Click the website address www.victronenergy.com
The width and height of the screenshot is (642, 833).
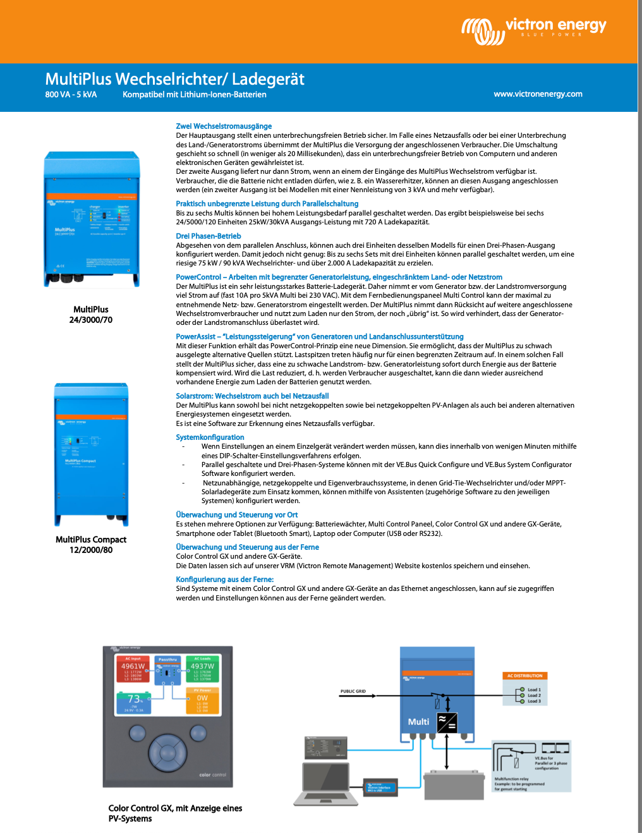pyautogui.click(x=538, y=94)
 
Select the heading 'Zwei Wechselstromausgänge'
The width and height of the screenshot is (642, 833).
pyautogui.click(x=224, y=126)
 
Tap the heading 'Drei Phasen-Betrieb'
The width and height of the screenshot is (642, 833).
pyautogui.click(x=209, y=236)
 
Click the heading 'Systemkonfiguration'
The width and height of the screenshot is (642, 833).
pyautogui.click(x=210, y=437)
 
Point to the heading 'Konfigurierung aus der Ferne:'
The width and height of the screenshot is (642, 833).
pyautogui.click(x=224, y=580)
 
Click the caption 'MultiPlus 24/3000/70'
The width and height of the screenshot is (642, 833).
pyautogui.click(x=91, y=315)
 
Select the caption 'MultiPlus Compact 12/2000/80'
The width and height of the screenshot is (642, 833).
pyautogui.click(x=91, y=545)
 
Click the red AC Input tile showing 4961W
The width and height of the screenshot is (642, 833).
pyautogui.click(x=133, y=669)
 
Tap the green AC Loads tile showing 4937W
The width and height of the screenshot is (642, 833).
pyautogui.click(x=202, y=669)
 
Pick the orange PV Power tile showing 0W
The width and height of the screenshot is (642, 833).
pyautogui.click(x=202, y=701)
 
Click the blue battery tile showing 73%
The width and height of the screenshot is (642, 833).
pyautogui.click(x=134, y=702)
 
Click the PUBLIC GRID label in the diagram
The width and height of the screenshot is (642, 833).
pyautogui.click(x=353, y=691)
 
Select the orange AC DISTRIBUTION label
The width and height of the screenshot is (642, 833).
pyautogui.click(x=524, y=676)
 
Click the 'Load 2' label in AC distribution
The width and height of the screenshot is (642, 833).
pyautogui.click(x=534, y=695)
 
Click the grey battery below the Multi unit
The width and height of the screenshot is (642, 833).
pyautogui.click(x=453, y=785)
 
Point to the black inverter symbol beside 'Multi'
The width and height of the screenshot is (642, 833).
pyautogui.click(x=447, y=722)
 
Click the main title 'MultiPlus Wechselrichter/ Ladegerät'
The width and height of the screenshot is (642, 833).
pyautogui.click(x=174, y=79)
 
